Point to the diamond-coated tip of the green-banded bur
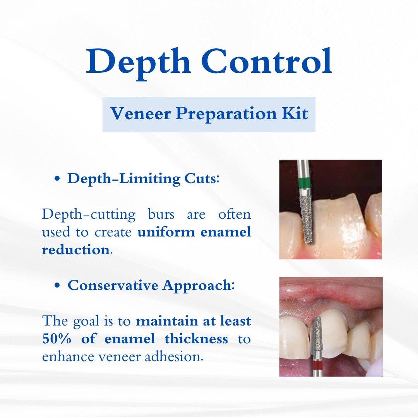tap(307, 219)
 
